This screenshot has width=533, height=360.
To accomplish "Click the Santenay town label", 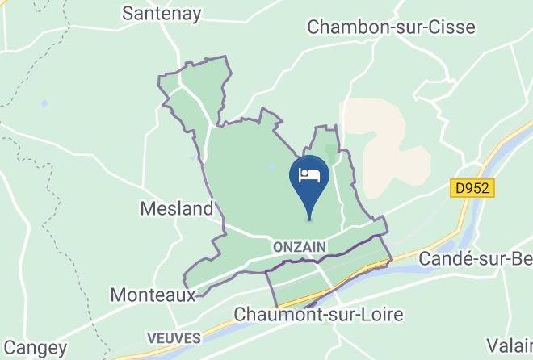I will (162, 14).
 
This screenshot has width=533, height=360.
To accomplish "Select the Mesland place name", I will (176, 209).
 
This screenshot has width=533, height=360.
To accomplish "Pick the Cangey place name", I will (34, 349).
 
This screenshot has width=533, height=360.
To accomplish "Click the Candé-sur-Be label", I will (475, 260).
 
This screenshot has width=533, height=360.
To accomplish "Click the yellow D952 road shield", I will (472, 188).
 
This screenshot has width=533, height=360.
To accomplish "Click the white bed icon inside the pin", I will (309, 174).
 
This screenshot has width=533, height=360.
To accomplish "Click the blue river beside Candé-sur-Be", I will (505, 161).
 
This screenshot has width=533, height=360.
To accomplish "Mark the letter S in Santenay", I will (128, 14).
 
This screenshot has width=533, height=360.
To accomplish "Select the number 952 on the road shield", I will (476, 188).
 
